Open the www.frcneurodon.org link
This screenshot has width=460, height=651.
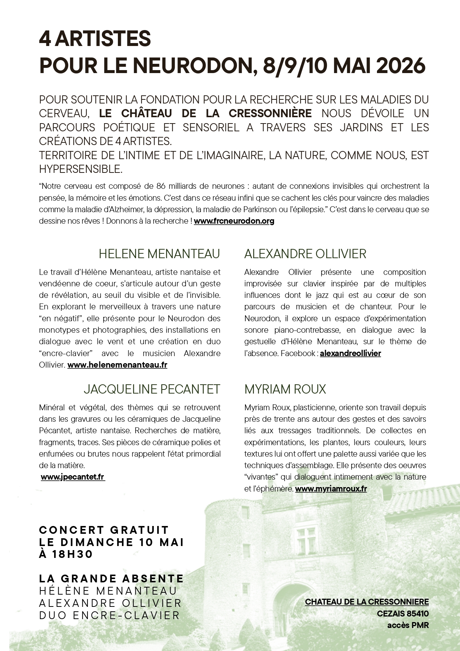(234, 221)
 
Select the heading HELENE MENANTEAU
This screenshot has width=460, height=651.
(159, 254)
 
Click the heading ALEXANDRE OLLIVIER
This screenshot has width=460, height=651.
(305, 254)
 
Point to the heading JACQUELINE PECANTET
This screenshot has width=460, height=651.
(152, 389)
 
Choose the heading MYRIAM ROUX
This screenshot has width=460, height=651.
(285, 389)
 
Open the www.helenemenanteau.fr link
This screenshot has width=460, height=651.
(117, 365)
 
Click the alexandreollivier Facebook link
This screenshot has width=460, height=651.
(350, 354)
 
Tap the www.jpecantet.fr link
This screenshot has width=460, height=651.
(72, 477)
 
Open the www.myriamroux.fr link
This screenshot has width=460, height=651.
(331, 489)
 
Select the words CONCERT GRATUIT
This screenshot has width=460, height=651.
(104, 530)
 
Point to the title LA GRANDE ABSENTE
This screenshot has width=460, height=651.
(111, 579)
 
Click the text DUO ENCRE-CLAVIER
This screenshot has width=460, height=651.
(109, 615)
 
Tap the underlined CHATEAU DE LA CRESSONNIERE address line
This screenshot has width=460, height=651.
(367, 602)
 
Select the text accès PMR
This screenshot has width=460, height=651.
(408, 625)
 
